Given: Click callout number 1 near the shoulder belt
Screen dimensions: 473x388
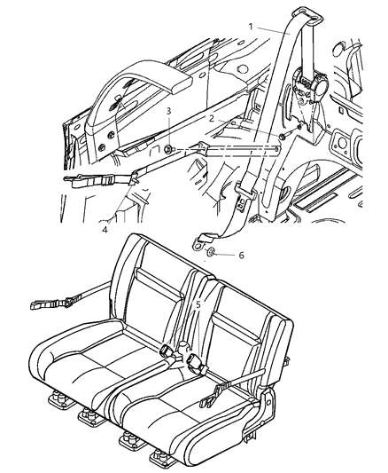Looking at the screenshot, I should click(x=251, y=27).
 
